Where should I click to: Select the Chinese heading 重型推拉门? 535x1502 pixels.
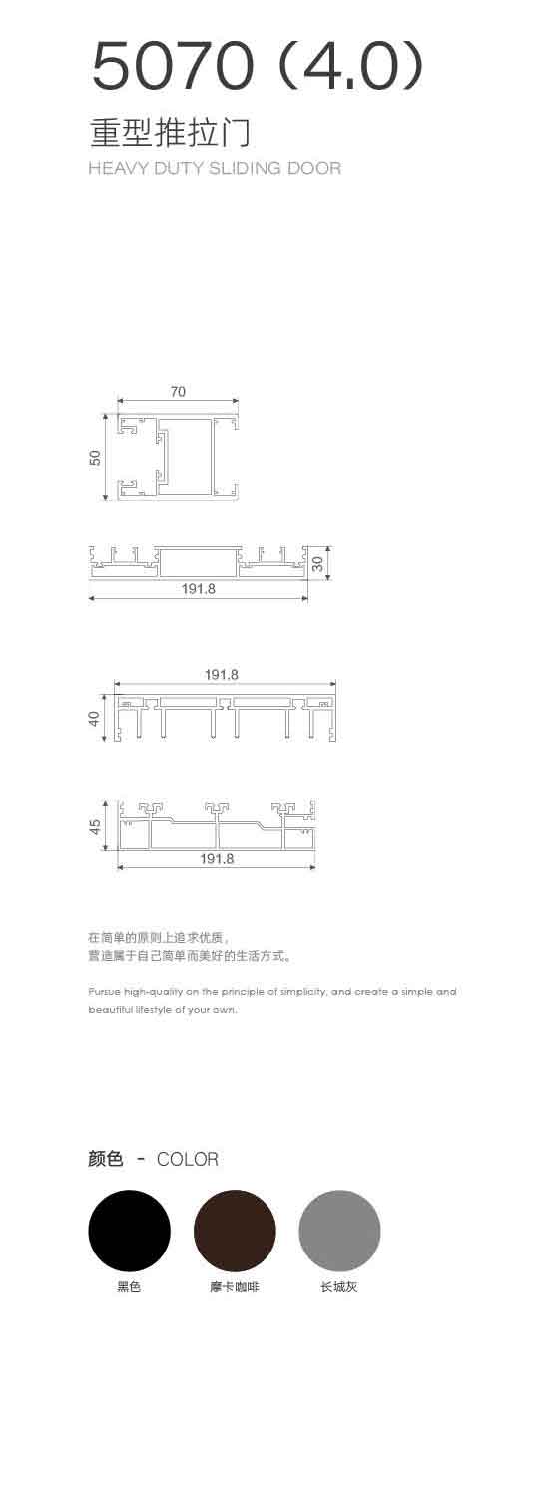tap(171, 132)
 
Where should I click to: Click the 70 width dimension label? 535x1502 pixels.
tap(178, 391)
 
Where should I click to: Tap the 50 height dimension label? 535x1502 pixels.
tap(95, 458)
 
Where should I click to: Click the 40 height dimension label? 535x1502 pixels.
tap(95, 718)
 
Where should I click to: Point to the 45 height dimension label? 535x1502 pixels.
tap(95, 826)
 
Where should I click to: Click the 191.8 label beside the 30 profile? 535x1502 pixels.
tap(199, 589)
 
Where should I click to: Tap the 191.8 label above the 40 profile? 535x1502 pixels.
tap(222, 674)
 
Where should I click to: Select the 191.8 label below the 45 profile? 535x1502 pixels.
tap(217, 859)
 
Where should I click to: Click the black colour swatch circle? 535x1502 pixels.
tap(130, 1231)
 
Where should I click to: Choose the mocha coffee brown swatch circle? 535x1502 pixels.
tap(235, 1231)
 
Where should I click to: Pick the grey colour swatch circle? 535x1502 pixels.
tap(339, 1231)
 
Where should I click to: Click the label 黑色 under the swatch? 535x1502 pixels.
tap(129, 1286)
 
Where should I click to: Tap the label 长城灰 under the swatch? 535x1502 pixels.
tap(339, 1286)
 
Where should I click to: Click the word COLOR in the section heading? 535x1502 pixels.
tap(187, 1159)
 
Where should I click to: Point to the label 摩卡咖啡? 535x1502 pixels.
tap(234, 1286)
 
